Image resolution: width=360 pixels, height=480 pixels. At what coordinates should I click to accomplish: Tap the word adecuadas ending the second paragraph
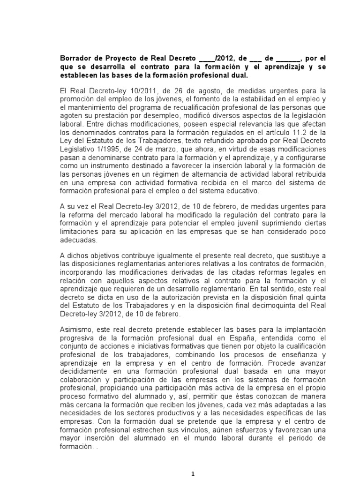[x=78, y=240]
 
